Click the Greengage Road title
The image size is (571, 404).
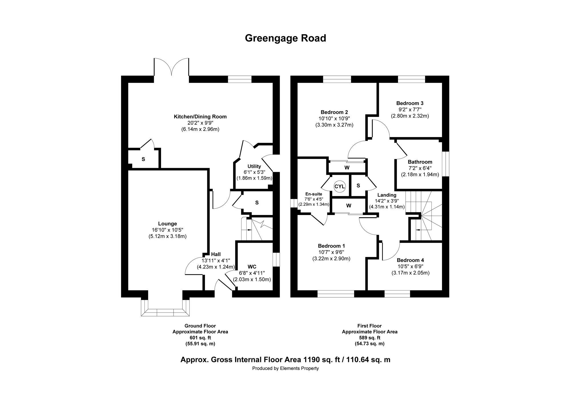click(x=285, y=38)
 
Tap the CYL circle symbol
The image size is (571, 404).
click(x=340, y=186)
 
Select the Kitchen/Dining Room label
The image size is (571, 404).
click(x=200, y=117)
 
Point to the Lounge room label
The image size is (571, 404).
click(x=168, y=224)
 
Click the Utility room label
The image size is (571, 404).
click(x=254, y=166)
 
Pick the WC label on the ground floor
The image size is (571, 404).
click(x=252, y=267)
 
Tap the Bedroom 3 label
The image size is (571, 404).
click(x=410, y=103)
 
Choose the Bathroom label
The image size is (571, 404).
click(x=420, y=162)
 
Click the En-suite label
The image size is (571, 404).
click(x=314, y=194)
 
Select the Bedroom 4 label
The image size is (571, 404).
click(x=410, y=260)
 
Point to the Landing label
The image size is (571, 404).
click(x=387, y=195)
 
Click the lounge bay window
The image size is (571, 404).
click(x=165, y=308)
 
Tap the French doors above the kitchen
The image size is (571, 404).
click(x=171, y=67)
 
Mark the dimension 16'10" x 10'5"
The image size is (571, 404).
click(x=168, y=230)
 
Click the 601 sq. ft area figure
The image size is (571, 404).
click(x=200, y=338)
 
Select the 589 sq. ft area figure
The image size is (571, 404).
click(x=369, y=338)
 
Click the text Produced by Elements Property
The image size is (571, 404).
click(x=285, y=368)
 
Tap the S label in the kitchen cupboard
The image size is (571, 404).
click(x=143, y=159)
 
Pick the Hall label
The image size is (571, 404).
click(x=216, y=254)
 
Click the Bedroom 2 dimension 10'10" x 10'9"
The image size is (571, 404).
click(x=334, y=118)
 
